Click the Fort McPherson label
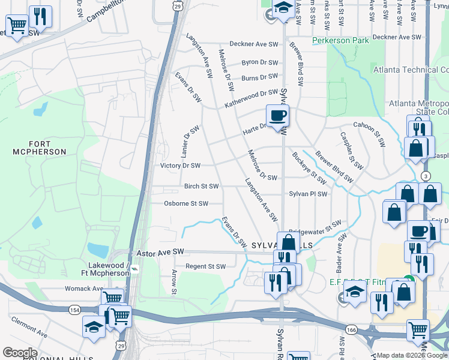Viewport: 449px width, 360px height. [39, 148]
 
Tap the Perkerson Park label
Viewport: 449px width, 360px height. [340, 41]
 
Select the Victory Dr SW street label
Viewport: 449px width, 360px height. [180, 166]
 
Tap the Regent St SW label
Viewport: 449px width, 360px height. [205, 266]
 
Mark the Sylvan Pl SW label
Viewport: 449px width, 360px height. [308, 194]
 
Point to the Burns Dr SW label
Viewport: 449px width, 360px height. [259, 77]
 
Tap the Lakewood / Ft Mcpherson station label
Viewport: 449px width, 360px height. [109, 269]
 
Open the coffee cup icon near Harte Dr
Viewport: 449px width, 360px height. [277, 115]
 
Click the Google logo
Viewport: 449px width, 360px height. [19, 353]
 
